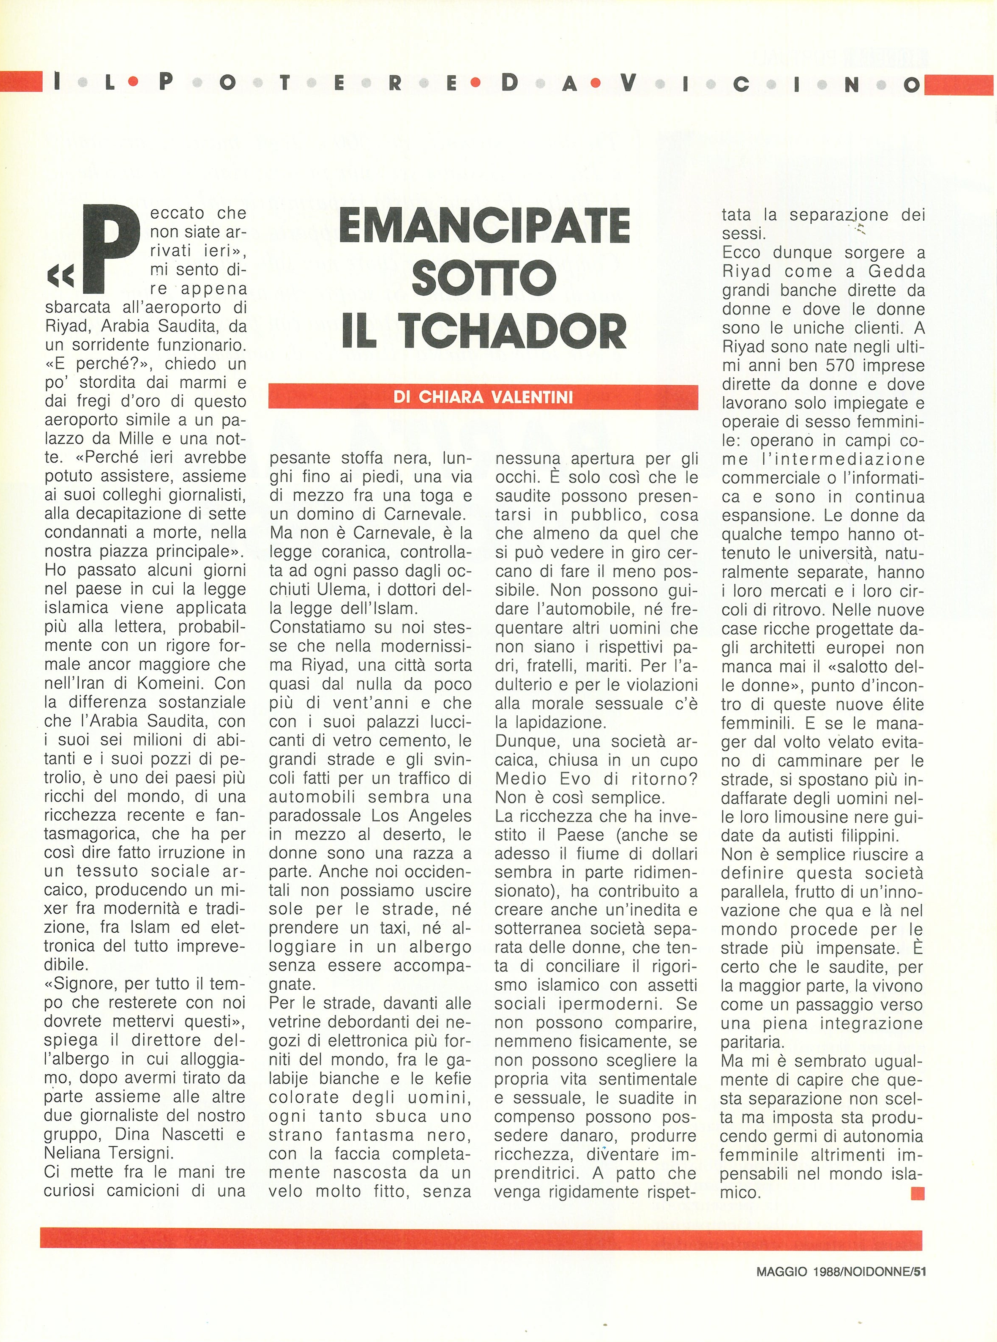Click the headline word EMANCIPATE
[485, 226]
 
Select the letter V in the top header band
[628, 83]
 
